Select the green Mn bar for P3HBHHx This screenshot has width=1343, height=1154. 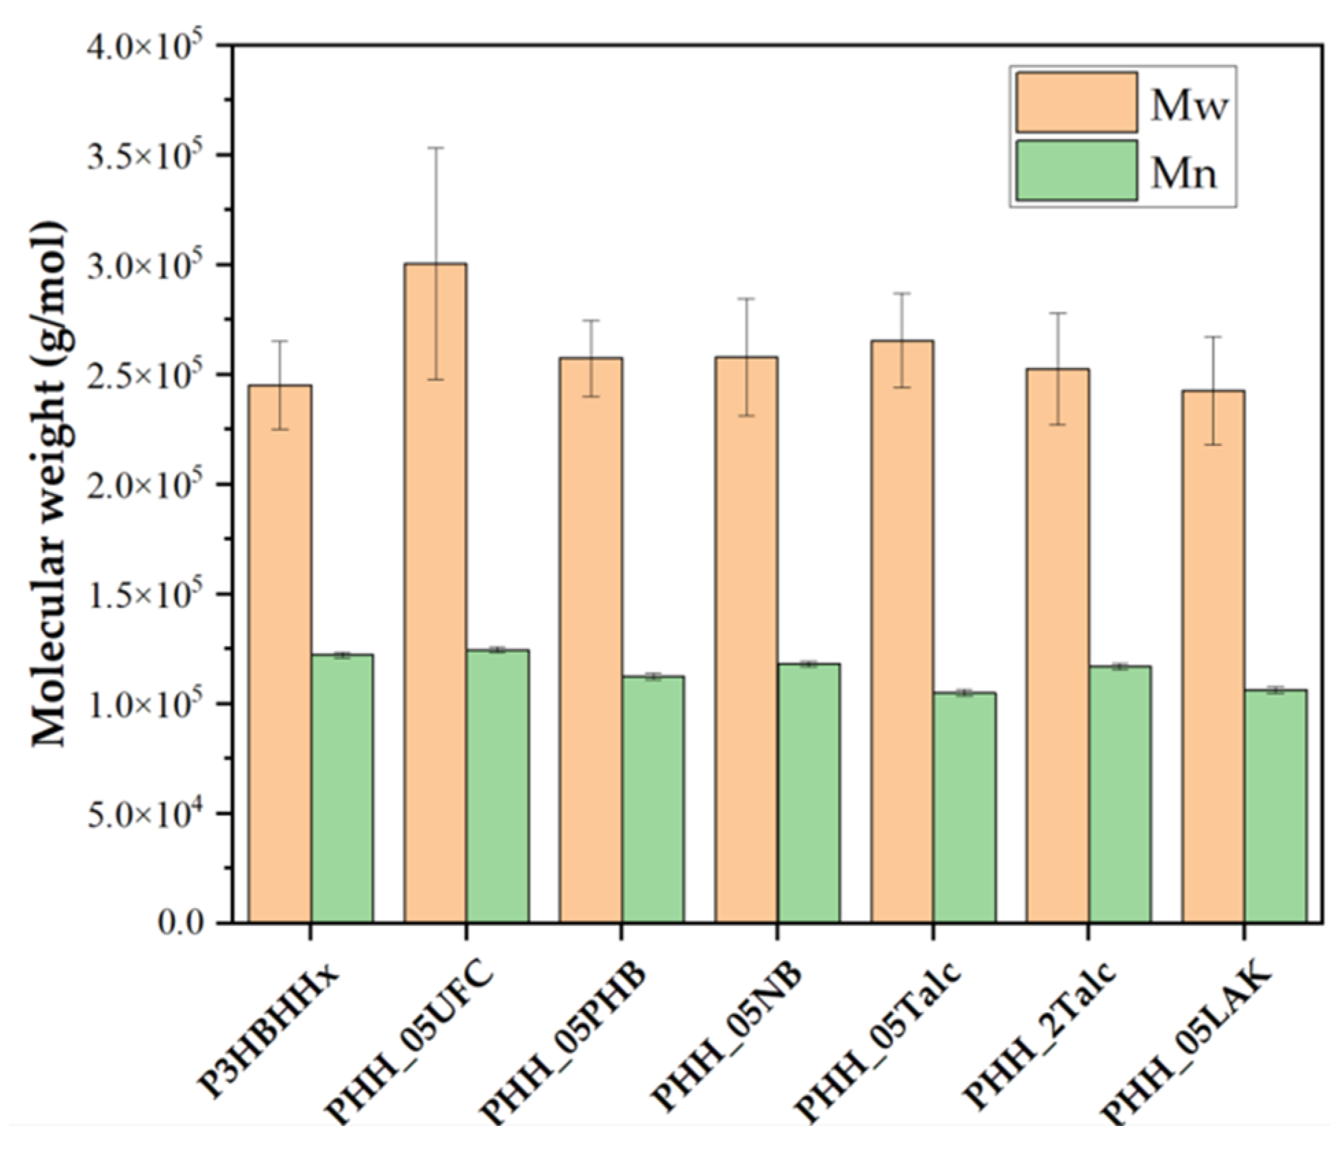(342, 788)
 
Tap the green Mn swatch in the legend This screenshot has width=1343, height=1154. (1076, 171)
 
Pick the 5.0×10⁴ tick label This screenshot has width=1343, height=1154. (147, 815)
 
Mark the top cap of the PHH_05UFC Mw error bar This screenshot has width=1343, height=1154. (435, 147)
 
